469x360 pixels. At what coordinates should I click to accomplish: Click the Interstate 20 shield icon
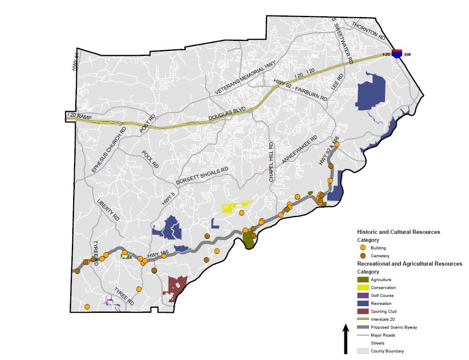(x=397, y=53)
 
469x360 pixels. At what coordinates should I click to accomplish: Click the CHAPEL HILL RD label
(x=271, y=162)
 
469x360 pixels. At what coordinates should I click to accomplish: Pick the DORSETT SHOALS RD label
(x=202, y=176)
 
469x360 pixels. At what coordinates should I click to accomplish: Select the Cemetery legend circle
(x=363, y=256)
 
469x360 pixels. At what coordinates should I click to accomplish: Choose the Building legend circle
(x=363, y=248)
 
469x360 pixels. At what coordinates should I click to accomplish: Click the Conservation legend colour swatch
(x=363, y=287)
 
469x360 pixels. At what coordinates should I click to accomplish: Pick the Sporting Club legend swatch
(x=363, y=311)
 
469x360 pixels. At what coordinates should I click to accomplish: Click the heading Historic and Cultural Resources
(x=398, y=232)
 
